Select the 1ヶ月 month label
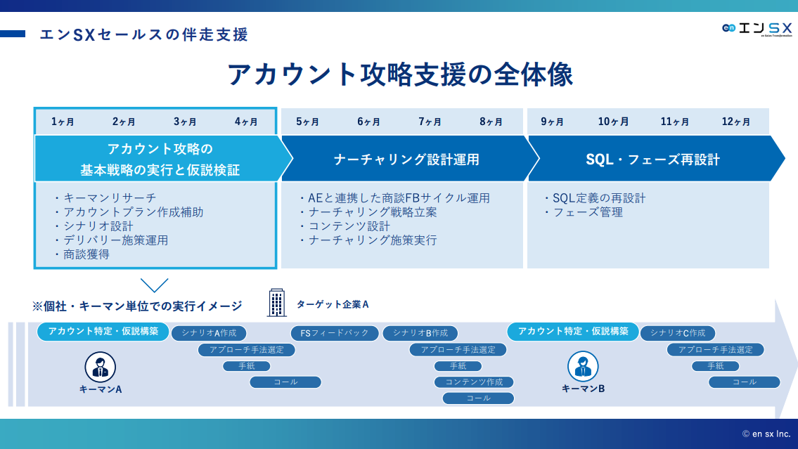(63, 122)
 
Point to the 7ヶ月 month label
(430, 122)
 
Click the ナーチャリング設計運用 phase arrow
(406, 160)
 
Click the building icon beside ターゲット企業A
(277, 303)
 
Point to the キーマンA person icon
(101, 367)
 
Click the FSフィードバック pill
(335, 333)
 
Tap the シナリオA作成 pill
(209, 333)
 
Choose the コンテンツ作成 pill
(474, 382)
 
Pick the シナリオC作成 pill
(677, 333)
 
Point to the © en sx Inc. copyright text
(766, 434)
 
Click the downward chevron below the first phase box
(155, 285)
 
